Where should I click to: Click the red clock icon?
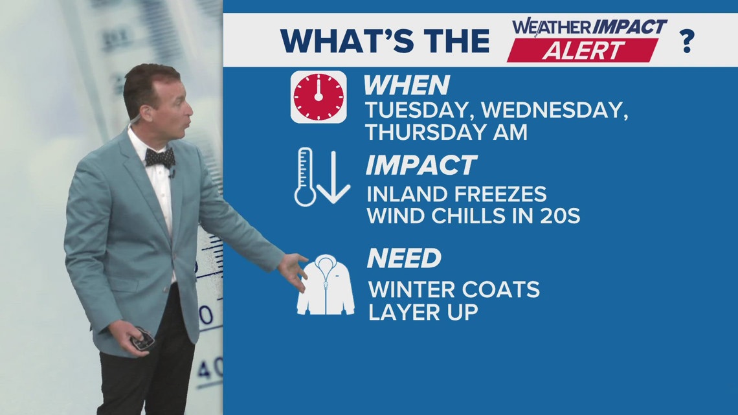[x=318, y=97]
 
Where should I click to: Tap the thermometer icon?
[x=304, y=177]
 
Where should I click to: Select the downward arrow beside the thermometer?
[x=334, y=176]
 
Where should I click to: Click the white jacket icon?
[x=325, y=285]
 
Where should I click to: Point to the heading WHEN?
[x=406, y=85]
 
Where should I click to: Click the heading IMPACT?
[x=421, y=165]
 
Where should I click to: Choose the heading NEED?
[x=403, y=258]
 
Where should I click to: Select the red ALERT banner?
[x=583, y=50]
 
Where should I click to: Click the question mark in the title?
[x=686, y=41]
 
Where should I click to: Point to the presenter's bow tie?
[x=159, y=157]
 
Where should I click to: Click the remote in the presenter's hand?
[x=142, y=339]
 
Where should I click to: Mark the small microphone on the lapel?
[x=172, y=174]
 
